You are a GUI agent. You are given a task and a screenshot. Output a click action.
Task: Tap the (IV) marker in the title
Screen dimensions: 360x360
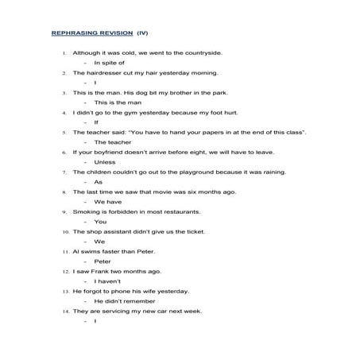coord(141,33)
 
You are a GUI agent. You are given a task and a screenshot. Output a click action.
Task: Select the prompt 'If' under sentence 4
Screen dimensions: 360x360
coord(96,122)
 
